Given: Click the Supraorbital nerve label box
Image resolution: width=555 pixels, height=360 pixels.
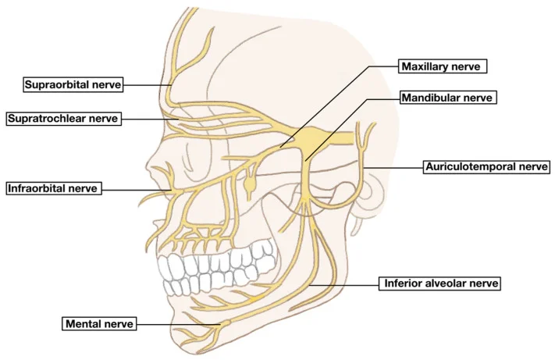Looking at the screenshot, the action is coord(73,84).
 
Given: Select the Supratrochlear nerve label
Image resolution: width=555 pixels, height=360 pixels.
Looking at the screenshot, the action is coord(64,118).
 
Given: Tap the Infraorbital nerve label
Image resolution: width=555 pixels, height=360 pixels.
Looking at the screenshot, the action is coord(54,188).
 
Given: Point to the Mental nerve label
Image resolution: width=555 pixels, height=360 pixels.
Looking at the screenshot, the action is coord(99,323).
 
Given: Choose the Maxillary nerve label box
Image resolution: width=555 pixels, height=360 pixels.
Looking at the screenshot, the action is coord(443,66).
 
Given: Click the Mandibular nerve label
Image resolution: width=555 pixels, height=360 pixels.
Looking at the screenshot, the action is coord(448,98).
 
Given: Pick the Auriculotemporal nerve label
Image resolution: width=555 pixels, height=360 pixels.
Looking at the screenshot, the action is coord(486,166).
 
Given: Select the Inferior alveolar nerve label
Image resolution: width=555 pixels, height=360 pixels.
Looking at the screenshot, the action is coord(439,283).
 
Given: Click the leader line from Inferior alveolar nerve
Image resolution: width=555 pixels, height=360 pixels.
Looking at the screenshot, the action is coord(344,284).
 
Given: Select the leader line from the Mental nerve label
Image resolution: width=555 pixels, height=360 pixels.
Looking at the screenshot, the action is coord(180,324).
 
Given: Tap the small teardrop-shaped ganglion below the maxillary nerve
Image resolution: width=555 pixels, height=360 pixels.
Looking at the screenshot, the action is coord(250,184).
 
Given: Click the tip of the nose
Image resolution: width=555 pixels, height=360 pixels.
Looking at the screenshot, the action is coord(146,166).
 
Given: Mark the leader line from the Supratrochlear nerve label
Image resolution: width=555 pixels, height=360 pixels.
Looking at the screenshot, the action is coord(150,119).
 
